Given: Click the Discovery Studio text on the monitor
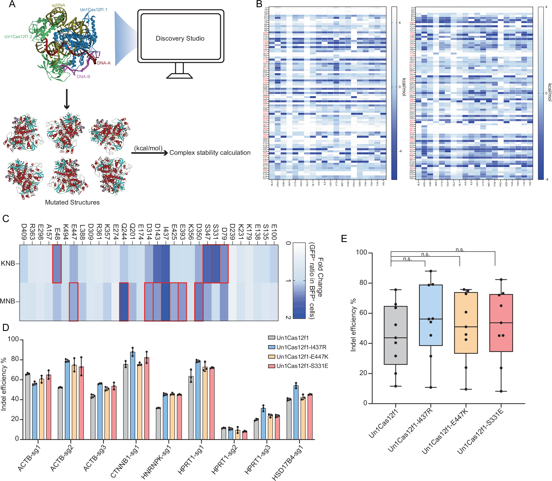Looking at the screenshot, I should [x=180, y=38].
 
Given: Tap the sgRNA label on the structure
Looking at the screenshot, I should [x=58, y=5].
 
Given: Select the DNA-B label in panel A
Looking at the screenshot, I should [x=83, y=77].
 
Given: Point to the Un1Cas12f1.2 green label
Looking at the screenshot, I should [x=18, y=37].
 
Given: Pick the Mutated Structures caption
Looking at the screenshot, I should [x=72, y=202].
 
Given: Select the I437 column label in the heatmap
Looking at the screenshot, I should [x=166, y=233].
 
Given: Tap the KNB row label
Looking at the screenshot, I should [x=8, y=263].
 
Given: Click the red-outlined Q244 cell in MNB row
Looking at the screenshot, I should [x=124, y=302].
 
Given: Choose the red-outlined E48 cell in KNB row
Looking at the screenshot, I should [x=57, y=264].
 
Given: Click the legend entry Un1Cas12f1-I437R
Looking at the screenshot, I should [x=301, y=347].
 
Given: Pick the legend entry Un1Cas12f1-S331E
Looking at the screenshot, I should [x=302, y=366].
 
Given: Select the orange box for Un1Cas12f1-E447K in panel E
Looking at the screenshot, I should [x=466, y=323].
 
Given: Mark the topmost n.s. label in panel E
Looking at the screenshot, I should [x=460, y=250].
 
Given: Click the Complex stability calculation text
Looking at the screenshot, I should [x=210, y=153].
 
